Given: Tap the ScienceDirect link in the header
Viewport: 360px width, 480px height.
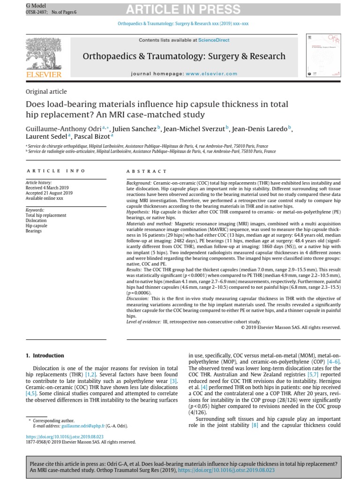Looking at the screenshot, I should click(x=214, y=40).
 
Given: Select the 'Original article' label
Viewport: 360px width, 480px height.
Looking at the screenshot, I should click(x=46, y=92).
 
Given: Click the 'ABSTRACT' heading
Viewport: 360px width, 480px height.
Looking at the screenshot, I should click(x=146, y=172).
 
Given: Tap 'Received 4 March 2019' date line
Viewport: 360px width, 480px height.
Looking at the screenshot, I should click(x=47, y=188).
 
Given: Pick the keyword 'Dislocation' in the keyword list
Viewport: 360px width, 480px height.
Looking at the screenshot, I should click(x=36, y=220).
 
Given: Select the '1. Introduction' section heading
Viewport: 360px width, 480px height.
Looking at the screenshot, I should click(x=45, y=356).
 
